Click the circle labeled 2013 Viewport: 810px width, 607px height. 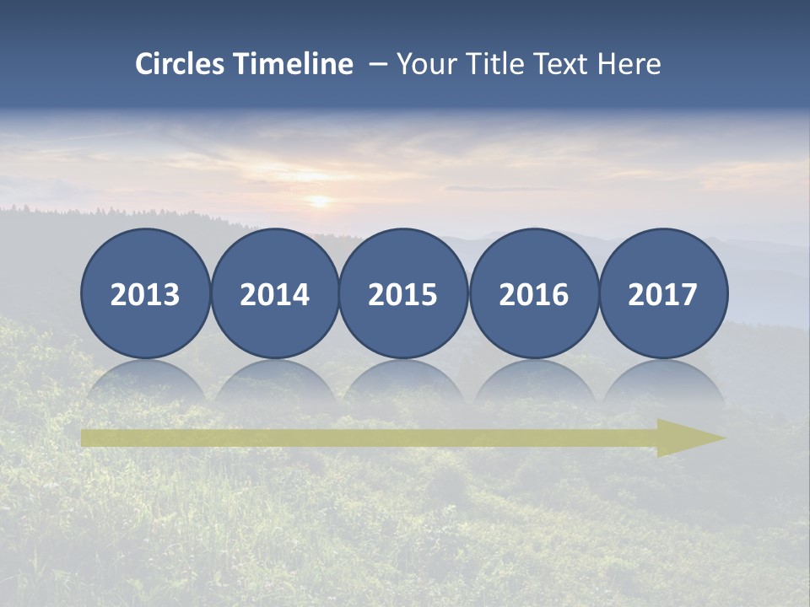[145, 293]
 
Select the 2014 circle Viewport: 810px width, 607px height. [275, 293]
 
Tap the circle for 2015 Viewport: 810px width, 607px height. [403, 293]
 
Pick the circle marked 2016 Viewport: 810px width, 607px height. [533, 293]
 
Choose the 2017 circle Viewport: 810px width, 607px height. [663, 293]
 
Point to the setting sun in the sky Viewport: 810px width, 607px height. [319, 201]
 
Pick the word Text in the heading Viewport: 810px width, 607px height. [561, 63]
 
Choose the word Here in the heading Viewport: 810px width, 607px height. [629, 63]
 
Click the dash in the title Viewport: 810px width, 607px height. [377, 64]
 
